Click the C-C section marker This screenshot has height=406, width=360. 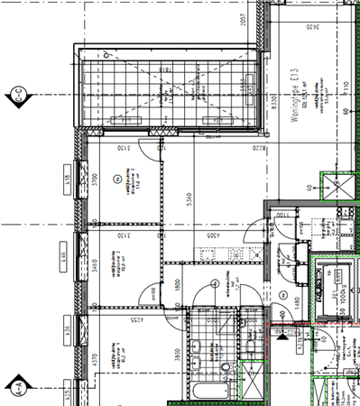[16, 93]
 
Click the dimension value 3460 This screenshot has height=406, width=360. [94, 266]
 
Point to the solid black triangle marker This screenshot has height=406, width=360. [282, 338]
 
